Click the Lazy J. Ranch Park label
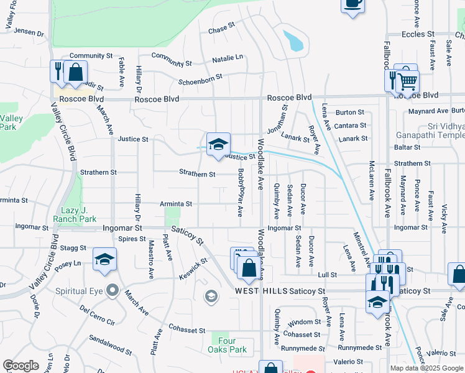point(78,214)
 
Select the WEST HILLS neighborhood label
point(261,291)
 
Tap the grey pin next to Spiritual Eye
point(113,290)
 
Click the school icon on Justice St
point(218,145)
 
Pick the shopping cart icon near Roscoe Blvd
point(408,81)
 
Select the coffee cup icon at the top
point(352,3)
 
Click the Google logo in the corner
point(21,366)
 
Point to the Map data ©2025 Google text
point(426,368)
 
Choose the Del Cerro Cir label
point(98,315)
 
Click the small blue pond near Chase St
point(292,40)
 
